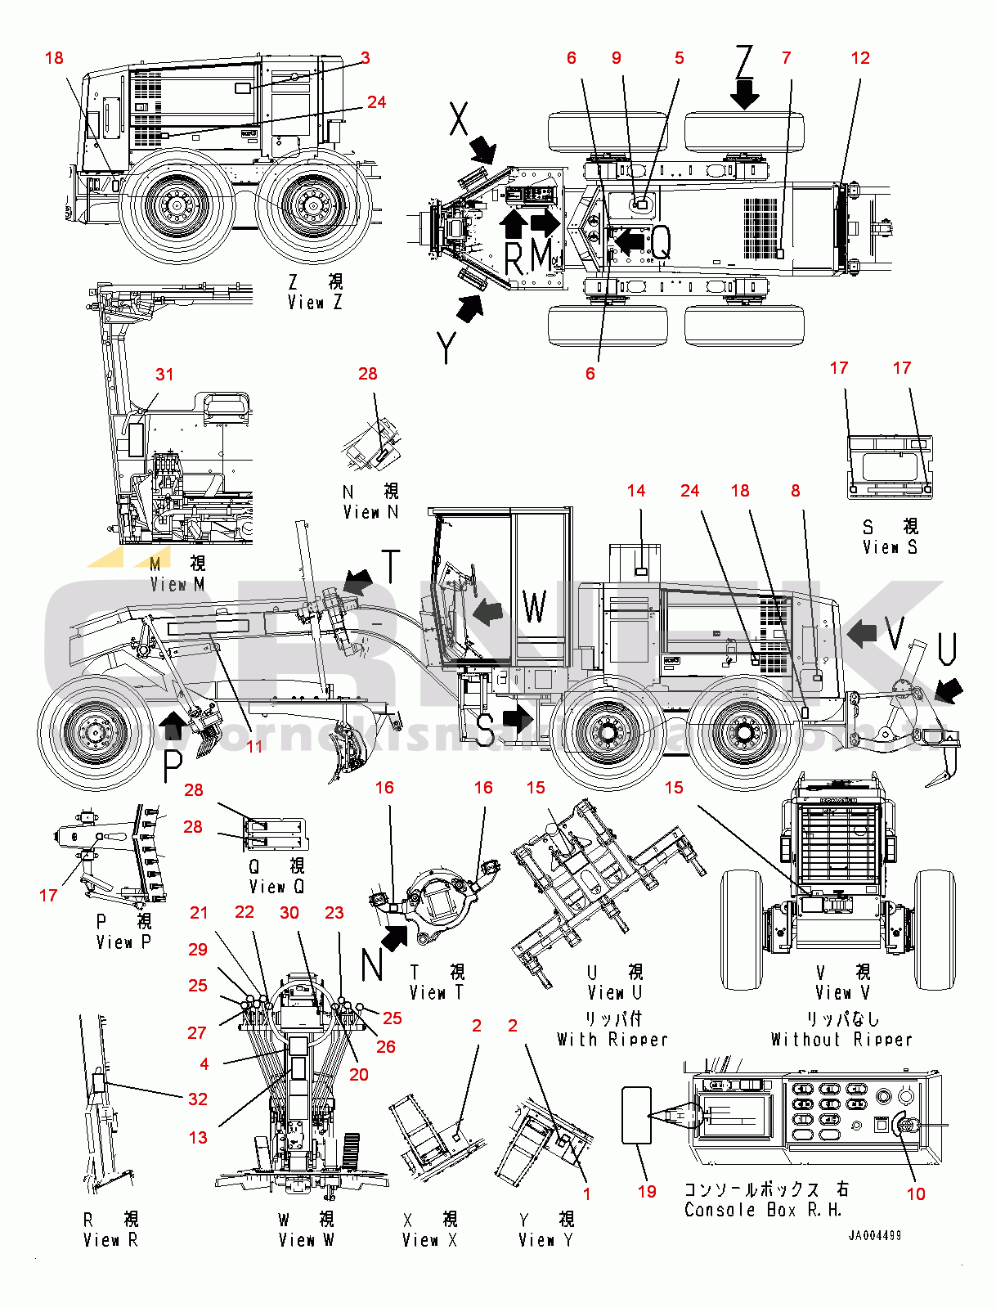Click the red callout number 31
click(x=164, y=375)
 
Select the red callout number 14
click(x=636, y=491)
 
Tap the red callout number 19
click(x=647, y=1192)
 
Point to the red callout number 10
click(x=916, y=1194)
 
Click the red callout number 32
click(x=198, y=1099)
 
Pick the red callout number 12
click(x=860, y=58)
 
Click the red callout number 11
click(x=255, y=746)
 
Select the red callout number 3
click(x=366, y=58)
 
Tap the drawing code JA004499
click(x=874, y=1235)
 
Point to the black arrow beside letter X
click(x=483, y=150)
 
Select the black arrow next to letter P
click(x=173, y=721)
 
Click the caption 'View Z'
click(x=315, y=303)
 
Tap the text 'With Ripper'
click(x=612, y=1040)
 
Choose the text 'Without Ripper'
click(x=841, y=1040)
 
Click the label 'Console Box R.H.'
click(x=762, y=1210)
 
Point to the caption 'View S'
click(x=890, y=547)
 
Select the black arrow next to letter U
click(x=949, y=692)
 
